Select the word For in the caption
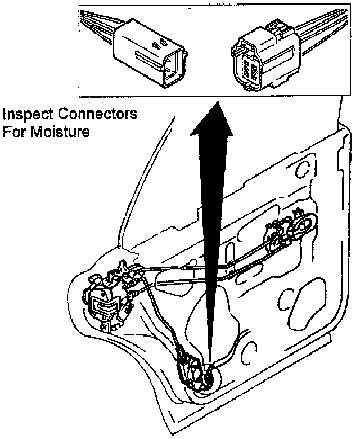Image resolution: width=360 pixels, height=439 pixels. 15,133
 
